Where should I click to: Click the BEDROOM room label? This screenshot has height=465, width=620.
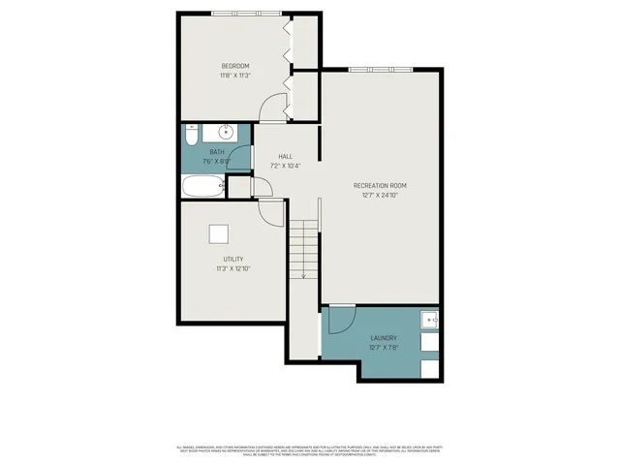pyautogui.click(x=235, y=66)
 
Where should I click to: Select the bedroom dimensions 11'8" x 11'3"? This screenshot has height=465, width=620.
pyautogui.click(x=235, y=76)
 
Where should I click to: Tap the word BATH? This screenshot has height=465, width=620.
pyautogui.click(x=216, y=151)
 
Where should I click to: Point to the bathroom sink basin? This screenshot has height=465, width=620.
pyautogui.click(x=226, y=132)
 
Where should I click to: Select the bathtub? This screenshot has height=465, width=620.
pyautogui.click(x=201, y=185)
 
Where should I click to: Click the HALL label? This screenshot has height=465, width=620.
pyautogui.click(x=286, y=156)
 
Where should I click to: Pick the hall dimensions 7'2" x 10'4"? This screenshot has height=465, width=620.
pyautogui.click(x=286, y=166)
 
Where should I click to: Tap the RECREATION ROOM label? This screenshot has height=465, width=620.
pyautogui.click(x=380, y=185)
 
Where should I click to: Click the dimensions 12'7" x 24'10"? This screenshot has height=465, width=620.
pyautogui.click(x=380, y=195)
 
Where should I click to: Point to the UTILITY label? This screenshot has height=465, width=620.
pyautogui.click(x=233, y=259)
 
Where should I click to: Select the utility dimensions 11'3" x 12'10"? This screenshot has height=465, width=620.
pyautogui.click(x=233, y=268)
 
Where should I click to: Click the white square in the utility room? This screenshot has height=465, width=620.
pyautogui.click(x=220, y=233)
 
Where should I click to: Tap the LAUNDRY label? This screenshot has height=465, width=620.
pyautogui.click(x=383, y=338)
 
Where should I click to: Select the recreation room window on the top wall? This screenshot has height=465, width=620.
pyautogui.click(x=380, y=69)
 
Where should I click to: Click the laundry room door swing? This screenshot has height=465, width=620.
pyautogui.click(x=341, y=320)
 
